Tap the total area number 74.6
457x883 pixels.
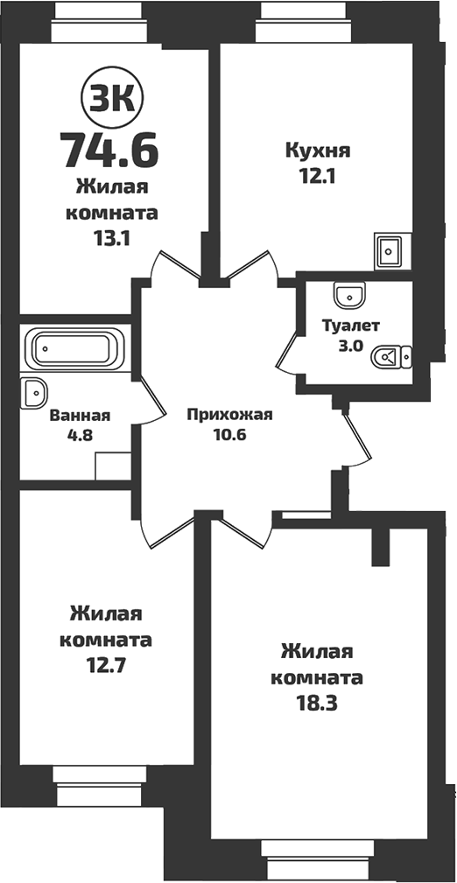[109, 149]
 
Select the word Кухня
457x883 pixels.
[318, 151]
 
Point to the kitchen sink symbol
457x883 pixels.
[387, 250]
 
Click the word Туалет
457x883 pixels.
[350, 326]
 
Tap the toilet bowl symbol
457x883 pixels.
[392, 356]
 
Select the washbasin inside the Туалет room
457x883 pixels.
[349, 293]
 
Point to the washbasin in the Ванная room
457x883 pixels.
[32, 394]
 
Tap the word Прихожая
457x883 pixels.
[230, 415]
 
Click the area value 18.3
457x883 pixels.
[317, 704]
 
